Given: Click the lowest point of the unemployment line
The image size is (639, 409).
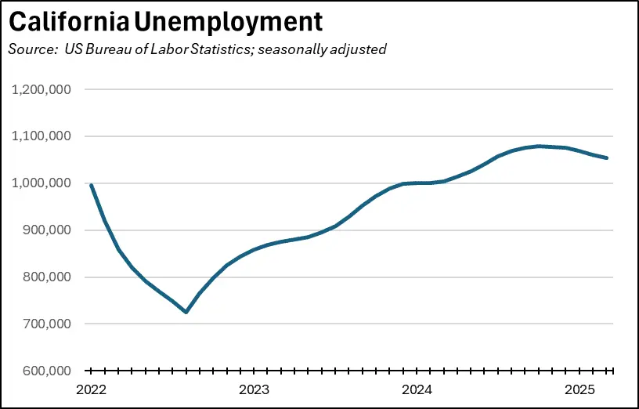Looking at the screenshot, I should click(x=186, y=312).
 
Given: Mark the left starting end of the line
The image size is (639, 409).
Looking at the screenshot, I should click(x=91, y=186).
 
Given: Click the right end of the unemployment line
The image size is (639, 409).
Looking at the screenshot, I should click(x=607, y=158).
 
